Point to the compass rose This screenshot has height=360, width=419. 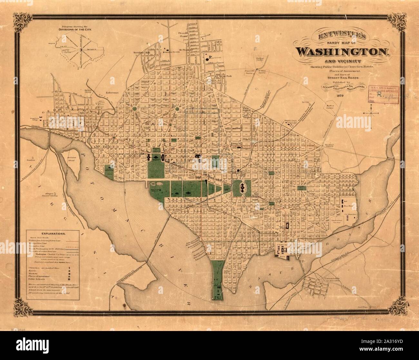tap(372, 113)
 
